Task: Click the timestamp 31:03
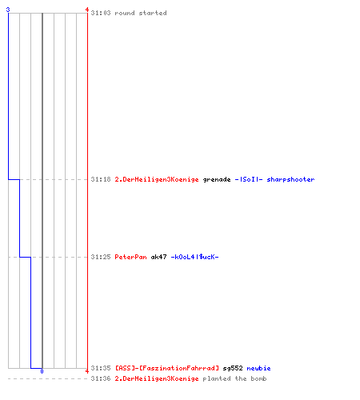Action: click(101, 13)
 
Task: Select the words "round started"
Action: click(141, 13)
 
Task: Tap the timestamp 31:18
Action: click(101, 179)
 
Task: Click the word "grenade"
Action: click(217, 179)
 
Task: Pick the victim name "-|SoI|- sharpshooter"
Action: click(274, 179)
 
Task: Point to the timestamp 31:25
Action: click(101, 257)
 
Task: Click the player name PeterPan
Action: click(130, 257)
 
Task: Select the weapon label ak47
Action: click(158, 257)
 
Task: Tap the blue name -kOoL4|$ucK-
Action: click(194, 257)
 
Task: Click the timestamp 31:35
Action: click(101, 368)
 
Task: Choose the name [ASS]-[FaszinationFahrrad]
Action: click(167, 368)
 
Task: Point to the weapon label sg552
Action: click(233, 369)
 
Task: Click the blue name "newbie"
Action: click(258, 368)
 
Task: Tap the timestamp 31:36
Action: click(101, 378)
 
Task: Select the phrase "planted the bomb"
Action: click(234, 378)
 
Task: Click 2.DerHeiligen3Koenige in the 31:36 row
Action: click(157, 378)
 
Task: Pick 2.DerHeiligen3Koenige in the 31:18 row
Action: click(157, 179)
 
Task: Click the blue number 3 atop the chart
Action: click(8, 10)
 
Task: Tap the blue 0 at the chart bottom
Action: click(42, 371)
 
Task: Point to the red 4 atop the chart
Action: click(87, 10)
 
